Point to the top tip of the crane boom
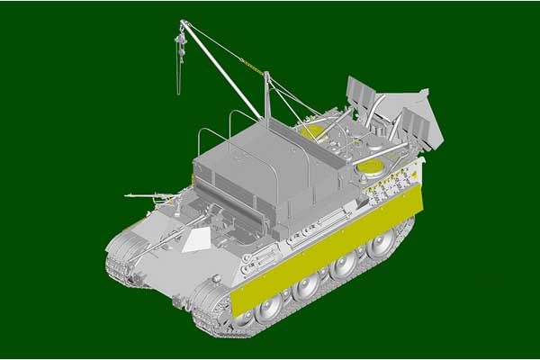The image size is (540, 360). click(184, 22)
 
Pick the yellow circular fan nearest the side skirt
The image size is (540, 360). click(372, 165)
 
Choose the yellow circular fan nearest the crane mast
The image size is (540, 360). click(311, 131)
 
